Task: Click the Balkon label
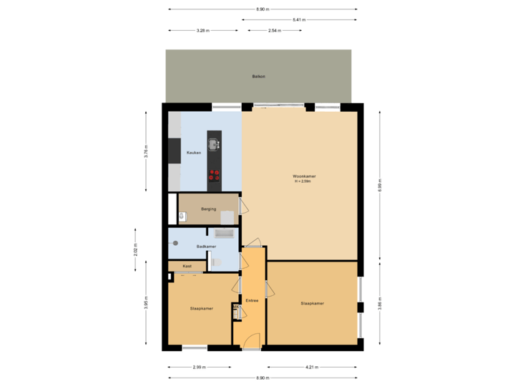coord(259,76)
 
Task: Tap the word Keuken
coord(194,153)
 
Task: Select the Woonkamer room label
coord(305,176)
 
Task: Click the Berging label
coord(208,209)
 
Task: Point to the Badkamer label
coord(206,246)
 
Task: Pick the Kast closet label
coord(187,266)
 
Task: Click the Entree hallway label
coord(251,300)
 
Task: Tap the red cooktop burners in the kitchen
coord(215,174)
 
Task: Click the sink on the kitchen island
coord(214,141)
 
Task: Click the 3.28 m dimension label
coord(202,31)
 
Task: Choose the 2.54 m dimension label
coord(273,31)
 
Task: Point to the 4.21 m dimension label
coord(312,367)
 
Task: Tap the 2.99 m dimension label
coord(200,367)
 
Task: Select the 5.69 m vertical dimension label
coord(380,185)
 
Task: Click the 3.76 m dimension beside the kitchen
coord(146,153)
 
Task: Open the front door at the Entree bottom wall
coord(250,343)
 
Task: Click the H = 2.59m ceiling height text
coord(305,181)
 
